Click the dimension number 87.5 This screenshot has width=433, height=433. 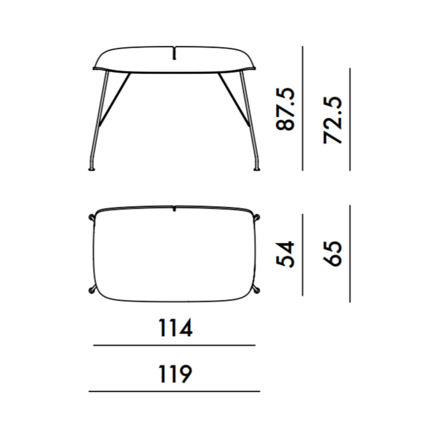(x=285, y=109)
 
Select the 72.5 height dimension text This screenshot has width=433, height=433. (x=332, y=120)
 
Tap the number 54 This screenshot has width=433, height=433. (x=285, y=254)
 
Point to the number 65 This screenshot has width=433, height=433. (x=332, y=254)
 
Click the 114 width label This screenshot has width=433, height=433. (x=175, y=328)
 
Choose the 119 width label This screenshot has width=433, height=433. (x=175, y=374)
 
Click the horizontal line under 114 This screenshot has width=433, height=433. (x=174, y=345)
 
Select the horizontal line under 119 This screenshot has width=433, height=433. (x=174, y=391)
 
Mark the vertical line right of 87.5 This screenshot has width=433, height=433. (x=303, y=108)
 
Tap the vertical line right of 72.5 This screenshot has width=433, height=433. (x=350, y=119)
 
